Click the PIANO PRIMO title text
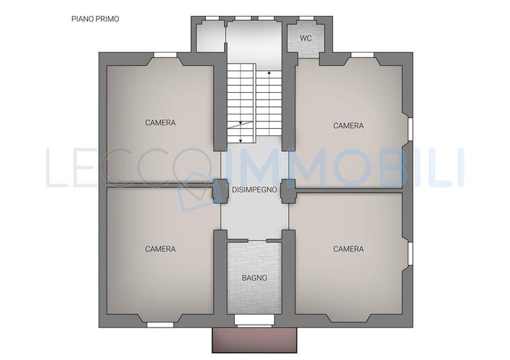click(95, 19)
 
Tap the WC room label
click(305, 38)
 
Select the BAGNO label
click(254, 278)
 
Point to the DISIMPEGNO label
click(254, 189)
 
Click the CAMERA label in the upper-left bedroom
click(161, 122)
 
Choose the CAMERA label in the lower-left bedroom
click(161, 249)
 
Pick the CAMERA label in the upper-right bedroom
click(349, 125)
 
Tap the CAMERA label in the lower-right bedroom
click(349, 249)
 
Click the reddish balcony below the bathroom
click(254, 340)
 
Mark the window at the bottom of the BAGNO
click(254, 320)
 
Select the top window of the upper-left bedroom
click(165, 55)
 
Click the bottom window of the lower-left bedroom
click(160, 325)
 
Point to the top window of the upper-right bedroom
click(362, 55)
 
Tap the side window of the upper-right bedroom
click(410, 130)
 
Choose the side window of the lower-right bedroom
click(410, 254)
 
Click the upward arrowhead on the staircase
click(269, 73)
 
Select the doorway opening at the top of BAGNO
click(257, 240)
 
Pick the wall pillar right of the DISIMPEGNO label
click(288, 192)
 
